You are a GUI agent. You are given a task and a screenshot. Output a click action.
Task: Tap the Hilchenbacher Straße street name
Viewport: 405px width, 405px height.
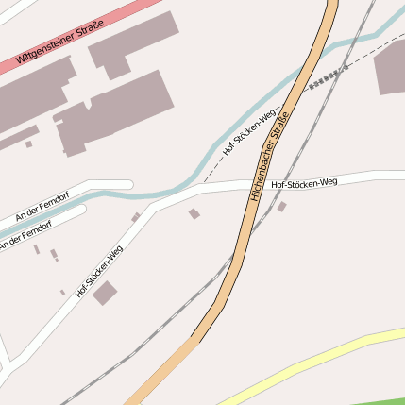pyautogui.click(x=269, y=154)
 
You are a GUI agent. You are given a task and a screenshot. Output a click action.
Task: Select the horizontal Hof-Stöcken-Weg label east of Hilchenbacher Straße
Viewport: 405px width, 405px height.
pyautogui.click(x=304, y=182)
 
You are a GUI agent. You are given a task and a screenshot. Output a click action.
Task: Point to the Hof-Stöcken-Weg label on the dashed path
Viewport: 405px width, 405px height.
pyautogui.click(x=248, y=132)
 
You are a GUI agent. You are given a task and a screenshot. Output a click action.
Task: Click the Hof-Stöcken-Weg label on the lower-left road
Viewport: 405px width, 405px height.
pyautogui.click(x=99, y=271)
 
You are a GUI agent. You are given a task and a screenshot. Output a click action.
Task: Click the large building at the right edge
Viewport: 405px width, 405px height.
pyautogui.click(x=391, y=66)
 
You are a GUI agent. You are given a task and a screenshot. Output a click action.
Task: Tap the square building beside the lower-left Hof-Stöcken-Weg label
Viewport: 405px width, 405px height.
pyautogui.click(x=105, y=293)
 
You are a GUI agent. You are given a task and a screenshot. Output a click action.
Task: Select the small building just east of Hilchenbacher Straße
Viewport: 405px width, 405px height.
pyautogui.click(x=281, y=206)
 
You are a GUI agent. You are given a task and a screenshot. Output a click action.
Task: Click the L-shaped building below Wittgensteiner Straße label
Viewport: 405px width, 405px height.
pyautogui.click(x=132, y=42)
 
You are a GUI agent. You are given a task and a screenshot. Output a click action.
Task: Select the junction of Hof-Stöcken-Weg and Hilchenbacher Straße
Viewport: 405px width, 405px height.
pyautogui.click(x=258, y=184)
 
